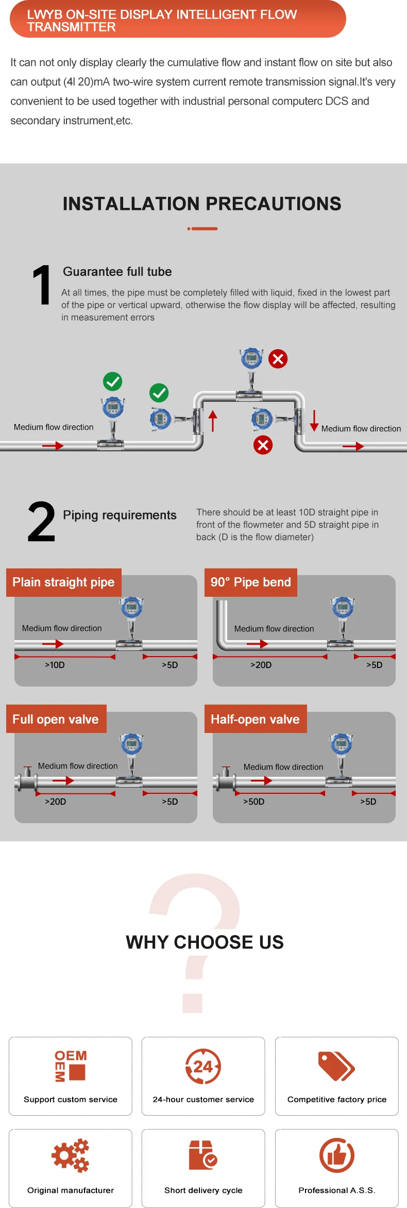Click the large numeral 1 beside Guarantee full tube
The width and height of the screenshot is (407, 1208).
[x=42, y=285]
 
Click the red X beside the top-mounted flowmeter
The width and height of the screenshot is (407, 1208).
[x=278, y=358]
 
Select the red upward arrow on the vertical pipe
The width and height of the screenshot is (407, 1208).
[x=213, y=420]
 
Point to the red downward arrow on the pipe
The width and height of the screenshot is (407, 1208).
[x=314, y=420]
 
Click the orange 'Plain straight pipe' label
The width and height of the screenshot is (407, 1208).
[x=63, y=582]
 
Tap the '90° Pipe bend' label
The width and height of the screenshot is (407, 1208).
[x=251, y=582]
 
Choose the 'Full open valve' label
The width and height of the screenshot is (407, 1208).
[x=56, y=719]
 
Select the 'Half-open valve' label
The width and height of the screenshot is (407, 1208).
[x=255, y=719]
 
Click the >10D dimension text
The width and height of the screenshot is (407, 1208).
[x=55, y=665]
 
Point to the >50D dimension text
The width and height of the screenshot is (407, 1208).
[x=253, y=802]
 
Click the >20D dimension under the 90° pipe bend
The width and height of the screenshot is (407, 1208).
[x=261, y=665]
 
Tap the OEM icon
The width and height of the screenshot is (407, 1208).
[x=71, y=1065]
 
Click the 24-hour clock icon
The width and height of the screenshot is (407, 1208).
[x=203, y=1066]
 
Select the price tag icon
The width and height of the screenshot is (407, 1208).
[x=336, y=1066]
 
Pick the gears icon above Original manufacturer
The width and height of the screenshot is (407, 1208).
[x=71, y=1155]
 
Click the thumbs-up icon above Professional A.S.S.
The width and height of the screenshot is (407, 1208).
[x=336, y=1155]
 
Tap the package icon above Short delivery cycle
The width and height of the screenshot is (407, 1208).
[x=202, y=1155]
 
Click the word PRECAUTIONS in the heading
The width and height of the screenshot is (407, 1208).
[x=262, y=204]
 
